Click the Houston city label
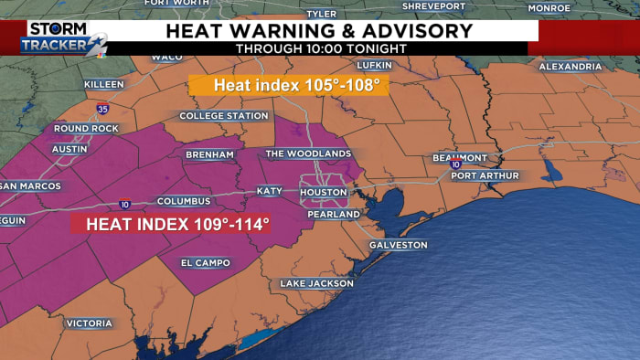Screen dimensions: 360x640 tap(325, 193)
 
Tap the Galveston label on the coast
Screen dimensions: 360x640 tap(398, 245)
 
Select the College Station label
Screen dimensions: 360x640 tap(224, 116)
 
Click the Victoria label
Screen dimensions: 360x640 tap(89, 323)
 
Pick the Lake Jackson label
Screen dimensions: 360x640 tap(316, 283)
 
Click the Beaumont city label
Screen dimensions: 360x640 tap(460, 158)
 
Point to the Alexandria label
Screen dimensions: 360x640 tap(571, 67)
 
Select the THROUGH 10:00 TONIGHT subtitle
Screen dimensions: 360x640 tap(319, 48)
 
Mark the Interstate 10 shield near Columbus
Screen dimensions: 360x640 tap(123, 205)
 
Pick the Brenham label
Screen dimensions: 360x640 tap(210, 155)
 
